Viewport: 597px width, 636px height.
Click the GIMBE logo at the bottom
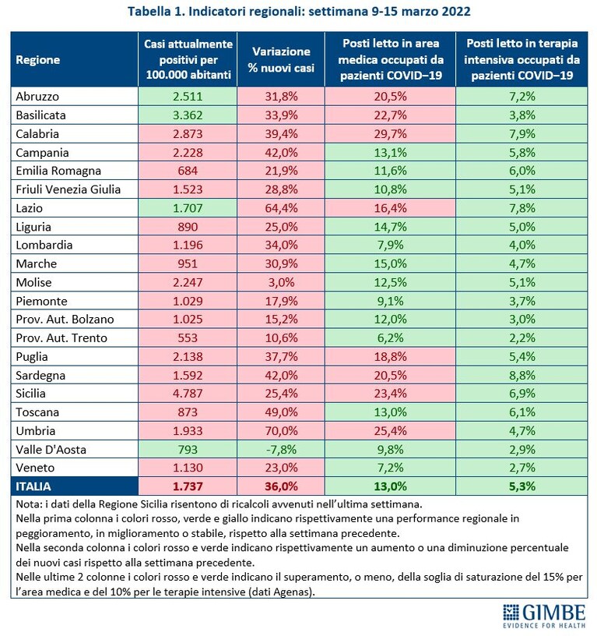(544, 616)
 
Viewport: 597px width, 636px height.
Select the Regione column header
(37, 60)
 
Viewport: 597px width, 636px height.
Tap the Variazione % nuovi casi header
(281, 59)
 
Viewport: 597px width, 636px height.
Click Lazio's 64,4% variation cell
(281, 208)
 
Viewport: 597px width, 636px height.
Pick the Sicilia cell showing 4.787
(188, 394)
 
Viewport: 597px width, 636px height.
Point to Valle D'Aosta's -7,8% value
(281, 450)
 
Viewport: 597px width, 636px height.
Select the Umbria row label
(36, 431)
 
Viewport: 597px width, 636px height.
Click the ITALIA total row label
(33, 486)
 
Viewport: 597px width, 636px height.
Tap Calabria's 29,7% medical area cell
(391, 134)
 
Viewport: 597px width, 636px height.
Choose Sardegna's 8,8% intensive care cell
(521, 375)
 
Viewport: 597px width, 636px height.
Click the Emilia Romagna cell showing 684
(188, 171)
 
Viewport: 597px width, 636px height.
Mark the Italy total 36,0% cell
(281, 486)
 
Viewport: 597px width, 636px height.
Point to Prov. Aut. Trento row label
(61, 338)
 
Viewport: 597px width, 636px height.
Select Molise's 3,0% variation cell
(281, 282)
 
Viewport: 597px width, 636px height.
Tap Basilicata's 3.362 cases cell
(188, 115)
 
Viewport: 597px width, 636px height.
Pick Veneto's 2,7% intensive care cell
(521, 468)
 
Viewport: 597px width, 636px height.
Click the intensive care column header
(521, 59)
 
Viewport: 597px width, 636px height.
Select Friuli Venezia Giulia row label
(68, 189)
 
